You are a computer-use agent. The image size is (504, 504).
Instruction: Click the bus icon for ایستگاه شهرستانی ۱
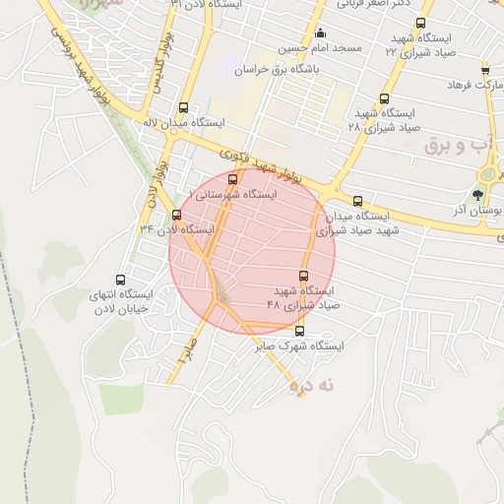tap(233, 179)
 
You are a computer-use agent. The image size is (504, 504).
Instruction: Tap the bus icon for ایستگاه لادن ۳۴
tap(176, 214)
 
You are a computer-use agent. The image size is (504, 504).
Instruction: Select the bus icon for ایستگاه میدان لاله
tap(182, 108)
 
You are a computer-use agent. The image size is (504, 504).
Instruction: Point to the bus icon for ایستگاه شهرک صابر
tap(300, 331)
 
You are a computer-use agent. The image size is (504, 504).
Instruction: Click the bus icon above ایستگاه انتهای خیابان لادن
tap(121, 280)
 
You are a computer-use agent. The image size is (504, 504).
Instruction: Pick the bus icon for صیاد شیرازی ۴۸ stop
tap(302, 276)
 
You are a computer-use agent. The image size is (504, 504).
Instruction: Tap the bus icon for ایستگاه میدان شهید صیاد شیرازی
tap(356, 200)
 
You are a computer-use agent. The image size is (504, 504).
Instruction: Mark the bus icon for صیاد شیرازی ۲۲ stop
tap(421, 23)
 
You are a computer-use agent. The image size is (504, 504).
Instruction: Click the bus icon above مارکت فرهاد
tap(485, 70)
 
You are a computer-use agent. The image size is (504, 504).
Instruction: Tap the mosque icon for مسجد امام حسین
tap(318, 34)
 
